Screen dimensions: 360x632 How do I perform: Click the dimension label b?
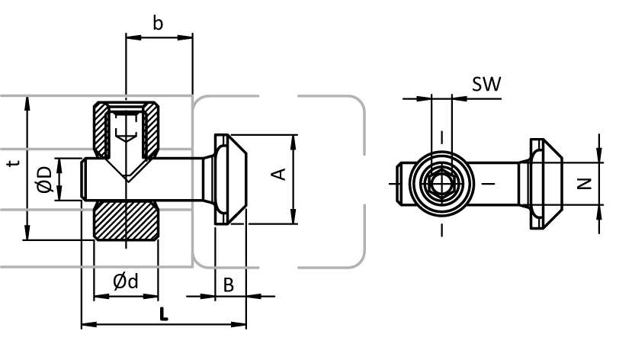pos(158,23)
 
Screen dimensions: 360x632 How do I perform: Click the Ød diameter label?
pos(126,281)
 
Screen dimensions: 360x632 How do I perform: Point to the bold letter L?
pos(163,312)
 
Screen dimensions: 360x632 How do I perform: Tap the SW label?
pos(486,84)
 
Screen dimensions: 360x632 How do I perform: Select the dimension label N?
pos(583,183)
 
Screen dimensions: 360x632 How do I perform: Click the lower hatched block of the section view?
pos(126,222)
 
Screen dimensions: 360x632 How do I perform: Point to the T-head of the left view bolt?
pos(229,180)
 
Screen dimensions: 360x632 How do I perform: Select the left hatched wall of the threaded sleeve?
pos(100,126)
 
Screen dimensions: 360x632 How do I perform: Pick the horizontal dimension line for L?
pos(163,325)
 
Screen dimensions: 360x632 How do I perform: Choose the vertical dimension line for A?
pos(294,180)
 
